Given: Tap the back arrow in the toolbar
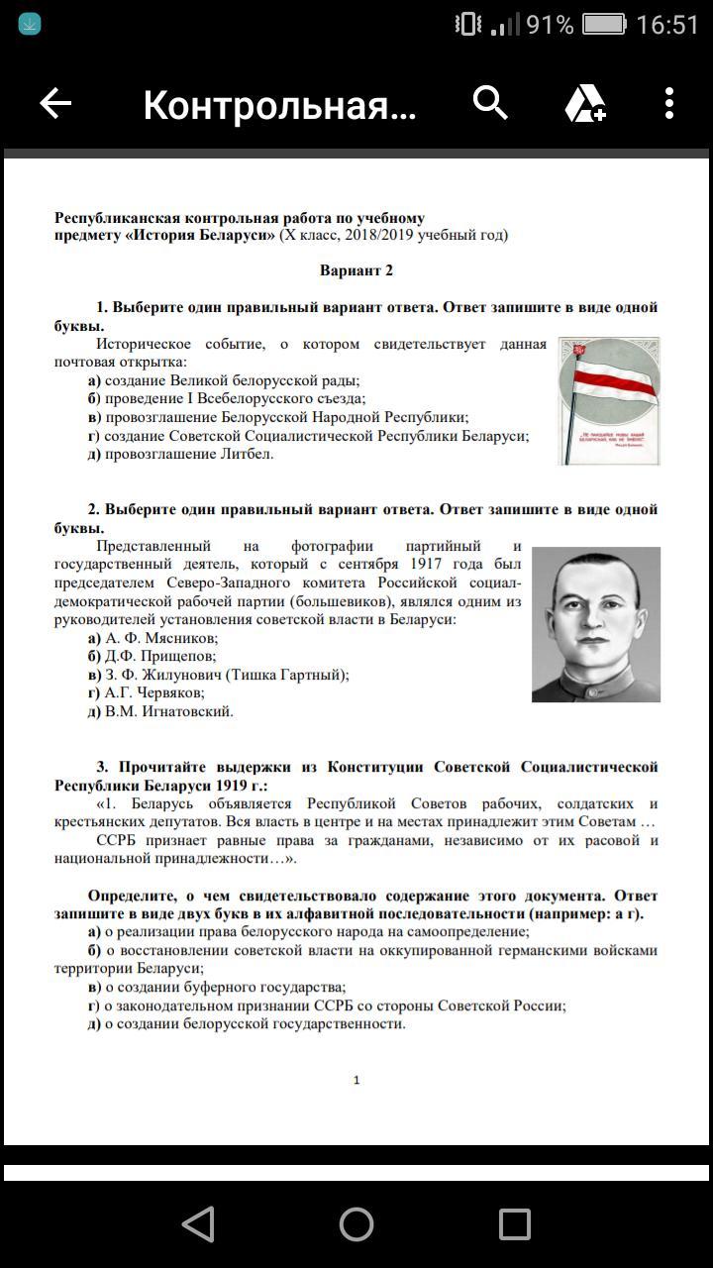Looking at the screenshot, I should (55, 103).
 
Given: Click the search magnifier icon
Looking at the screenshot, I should (490, 102).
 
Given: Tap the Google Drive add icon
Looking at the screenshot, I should (584, 103).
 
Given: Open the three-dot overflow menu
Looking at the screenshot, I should (669, 103).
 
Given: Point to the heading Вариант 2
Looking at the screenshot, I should (356, 270).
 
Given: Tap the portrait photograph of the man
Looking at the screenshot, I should (596, 624).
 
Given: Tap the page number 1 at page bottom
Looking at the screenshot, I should (356, 1080).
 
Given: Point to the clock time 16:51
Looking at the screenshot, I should (667, 25).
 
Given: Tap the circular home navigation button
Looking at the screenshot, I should (356, 1224).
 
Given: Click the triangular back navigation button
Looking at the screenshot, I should (199, 1224).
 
